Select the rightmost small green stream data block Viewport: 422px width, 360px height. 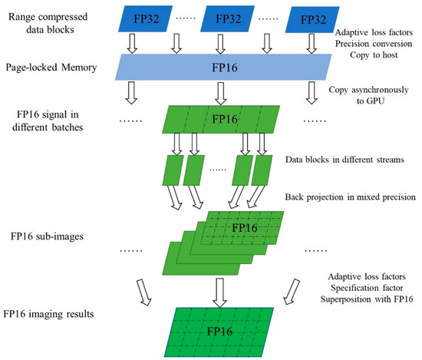(262, 170)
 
